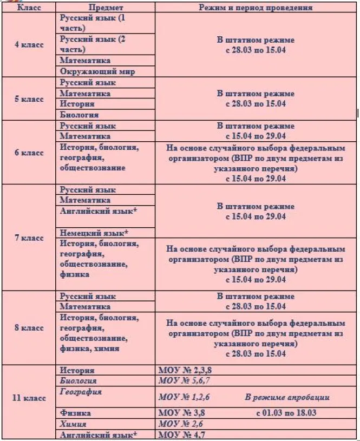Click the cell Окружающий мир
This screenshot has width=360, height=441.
click(x=97, y=71)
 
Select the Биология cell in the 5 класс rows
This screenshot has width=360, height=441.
click(x=80, y=115)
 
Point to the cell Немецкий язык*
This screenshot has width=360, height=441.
click(x=94, y=233)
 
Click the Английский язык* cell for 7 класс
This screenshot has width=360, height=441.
click(x=98, y=211)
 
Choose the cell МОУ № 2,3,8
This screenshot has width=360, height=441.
click(x=184, y=371)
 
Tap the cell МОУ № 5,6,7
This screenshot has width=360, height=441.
click(x=184, y=381)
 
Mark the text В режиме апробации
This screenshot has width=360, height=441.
click(x=287, y=397)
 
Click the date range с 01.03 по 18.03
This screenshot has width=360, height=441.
click(x=286, y=413)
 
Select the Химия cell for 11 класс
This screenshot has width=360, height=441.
click(x=73, y=424)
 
